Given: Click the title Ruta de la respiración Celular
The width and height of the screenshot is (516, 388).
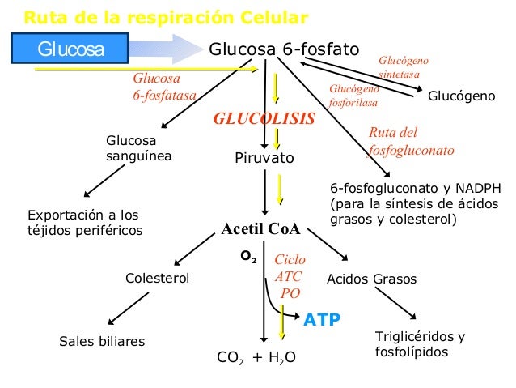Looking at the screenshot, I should click(x=165, y=17).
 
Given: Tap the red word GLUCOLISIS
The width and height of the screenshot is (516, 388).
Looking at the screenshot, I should click(x=264, y=118).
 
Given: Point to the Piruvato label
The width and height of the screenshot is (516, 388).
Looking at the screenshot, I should click(x=264, y=157).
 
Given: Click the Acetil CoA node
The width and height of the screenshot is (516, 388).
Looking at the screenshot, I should click(x=261, y=229).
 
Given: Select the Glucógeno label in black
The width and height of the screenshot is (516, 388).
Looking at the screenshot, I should click(x=461, y=96).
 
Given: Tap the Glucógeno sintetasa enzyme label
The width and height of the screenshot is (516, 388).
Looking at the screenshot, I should click(x=404, y=68).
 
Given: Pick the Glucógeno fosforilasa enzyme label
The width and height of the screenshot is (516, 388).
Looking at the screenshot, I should click(x=354, y=96).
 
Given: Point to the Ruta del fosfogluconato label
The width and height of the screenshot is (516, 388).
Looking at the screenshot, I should click(x=411, y=141).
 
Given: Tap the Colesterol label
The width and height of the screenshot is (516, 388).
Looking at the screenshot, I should click(x=157, y=279).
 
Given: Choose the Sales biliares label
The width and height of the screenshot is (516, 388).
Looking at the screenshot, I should click(x=102, y=341).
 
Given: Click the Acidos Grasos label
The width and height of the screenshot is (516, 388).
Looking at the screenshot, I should click(x=370, y=279).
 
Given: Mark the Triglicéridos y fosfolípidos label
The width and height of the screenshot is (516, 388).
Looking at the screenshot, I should click(x=420, y=344).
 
